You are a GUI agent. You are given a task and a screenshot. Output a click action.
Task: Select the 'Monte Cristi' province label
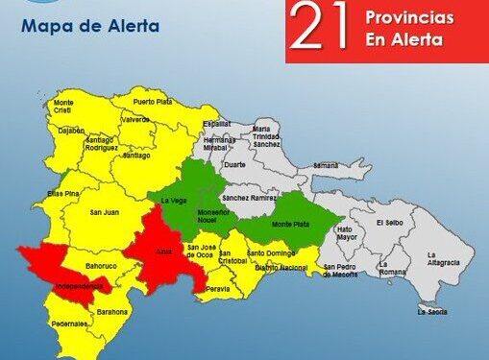click(x=64, y=106)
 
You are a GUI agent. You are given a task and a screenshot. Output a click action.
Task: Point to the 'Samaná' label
click(x=326, y=165)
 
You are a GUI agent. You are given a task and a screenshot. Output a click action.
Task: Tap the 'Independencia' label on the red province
click(x=65, y=285)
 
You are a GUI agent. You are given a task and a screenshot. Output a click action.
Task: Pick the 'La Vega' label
click(x=173, y=201)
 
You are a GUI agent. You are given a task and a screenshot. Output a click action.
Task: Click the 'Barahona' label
click(x=112, y=311)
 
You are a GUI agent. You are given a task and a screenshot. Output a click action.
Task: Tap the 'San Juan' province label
click(x=104, y=212)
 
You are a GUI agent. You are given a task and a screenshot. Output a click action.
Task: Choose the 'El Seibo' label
click(x=391, y=223)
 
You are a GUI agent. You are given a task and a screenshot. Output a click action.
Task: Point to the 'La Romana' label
click(x=390, y=267)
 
